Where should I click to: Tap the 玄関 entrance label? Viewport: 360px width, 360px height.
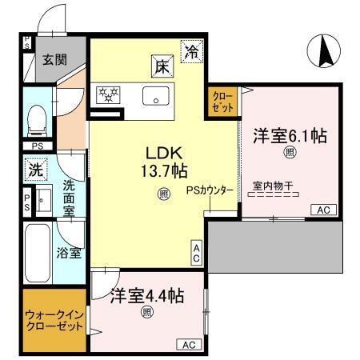point(54,58)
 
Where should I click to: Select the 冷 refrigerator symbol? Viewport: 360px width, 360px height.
point(192,53)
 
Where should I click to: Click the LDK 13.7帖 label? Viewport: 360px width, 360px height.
point(166,160)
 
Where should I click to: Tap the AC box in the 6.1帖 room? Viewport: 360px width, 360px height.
point(324,210)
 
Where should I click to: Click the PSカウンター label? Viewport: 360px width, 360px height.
point(210,191)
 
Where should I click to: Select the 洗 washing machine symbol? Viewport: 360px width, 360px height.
point(34,170)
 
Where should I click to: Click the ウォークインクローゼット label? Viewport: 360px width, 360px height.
point(54,320)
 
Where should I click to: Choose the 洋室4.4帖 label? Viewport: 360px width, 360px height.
point(147,295)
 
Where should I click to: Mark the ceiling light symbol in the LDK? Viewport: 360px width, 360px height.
point(162,193)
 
